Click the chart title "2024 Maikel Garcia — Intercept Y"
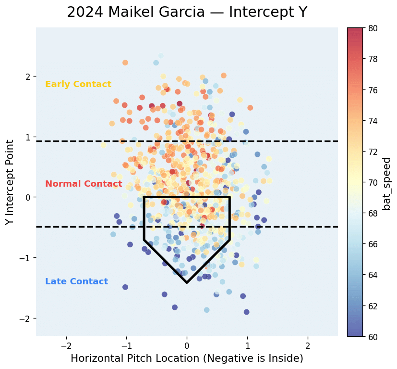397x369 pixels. tap(187, 12)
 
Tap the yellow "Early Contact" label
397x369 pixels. tap(78, 85)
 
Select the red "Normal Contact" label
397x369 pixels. tap(84, 184)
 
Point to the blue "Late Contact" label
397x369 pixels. tap(76, 282)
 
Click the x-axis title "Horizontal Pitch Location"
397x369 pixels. tap(187, 358)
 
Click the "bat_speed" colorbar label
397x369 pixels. tap(386, 183)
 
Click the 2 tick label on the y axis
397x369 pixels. tap(28, 76)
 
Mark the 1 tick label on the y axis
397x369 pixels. tap(28, 137)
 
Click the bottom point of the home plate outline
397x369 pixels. tap(187, 282)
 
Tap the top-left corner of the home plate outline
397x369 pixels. tap(144, 197)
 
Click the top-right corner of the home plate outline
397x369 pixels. tap(229, 197)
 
